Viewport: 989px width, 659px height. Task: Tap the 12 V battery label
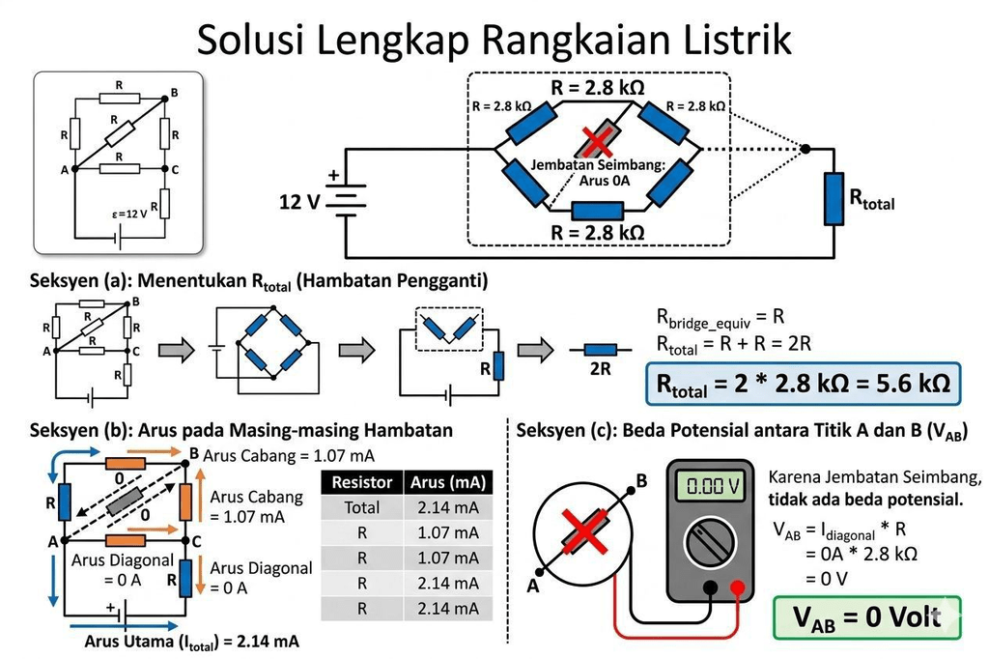click(x=299, y=203)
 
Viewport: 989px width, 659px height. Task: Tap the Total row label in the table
click(x=362, y=507)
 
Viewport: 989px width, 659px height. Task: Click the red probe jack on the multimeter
click(x=739, y=587)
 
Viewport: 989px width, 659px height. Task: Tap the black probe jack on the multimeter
click(x=711, y=587)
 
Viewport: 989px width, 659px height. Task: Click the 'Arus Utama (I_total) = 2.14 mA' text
click(x=191, y=641)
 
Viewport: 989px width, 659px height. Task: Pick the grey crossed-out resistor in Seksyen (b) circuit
click(x=128, y=500)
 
